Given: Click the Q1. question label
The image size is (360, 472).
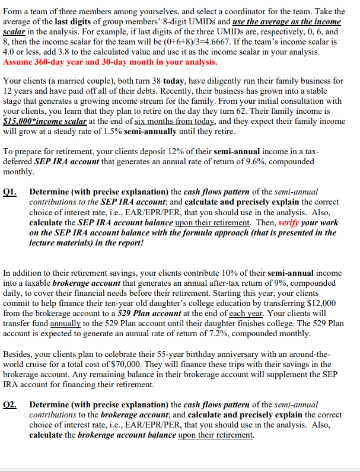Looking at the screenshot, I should coord(11,192).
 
